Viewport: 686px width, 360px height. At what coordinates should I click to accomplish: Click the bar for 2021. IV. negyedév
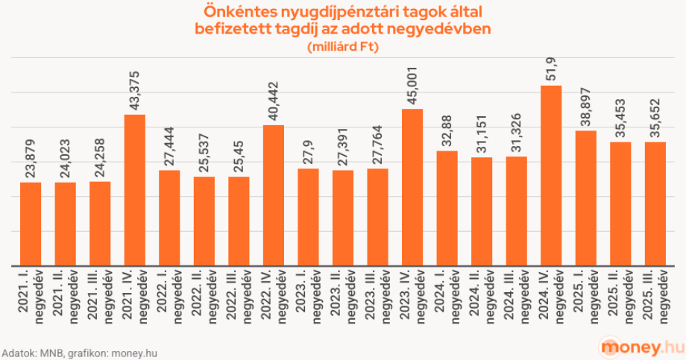pyautogui.click(x=134, y=190)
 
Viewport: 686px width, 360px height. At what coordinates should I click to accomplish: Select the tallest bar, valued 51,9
pyautogui.click(x=551, y=176)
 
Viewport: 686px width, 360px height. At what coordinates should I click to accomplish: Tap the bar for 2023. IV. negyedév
pyautogui.click(x=412, y=187)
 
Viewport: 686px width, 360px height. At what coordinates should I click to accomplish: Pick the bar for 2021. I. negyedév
pyautogui.click(x=31, y=224)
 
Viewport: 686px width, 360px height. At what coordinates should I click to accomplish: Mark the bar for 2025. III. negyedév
pyautogui.click(x=655, y=203)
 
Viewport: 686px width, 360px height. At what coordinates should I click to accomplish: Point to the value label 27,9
pyautogui.click(x=309, y=154)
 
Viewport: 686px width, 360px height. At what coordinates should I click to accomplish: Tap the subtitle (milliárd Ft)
pyautogui.click(x=343, y=48)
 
